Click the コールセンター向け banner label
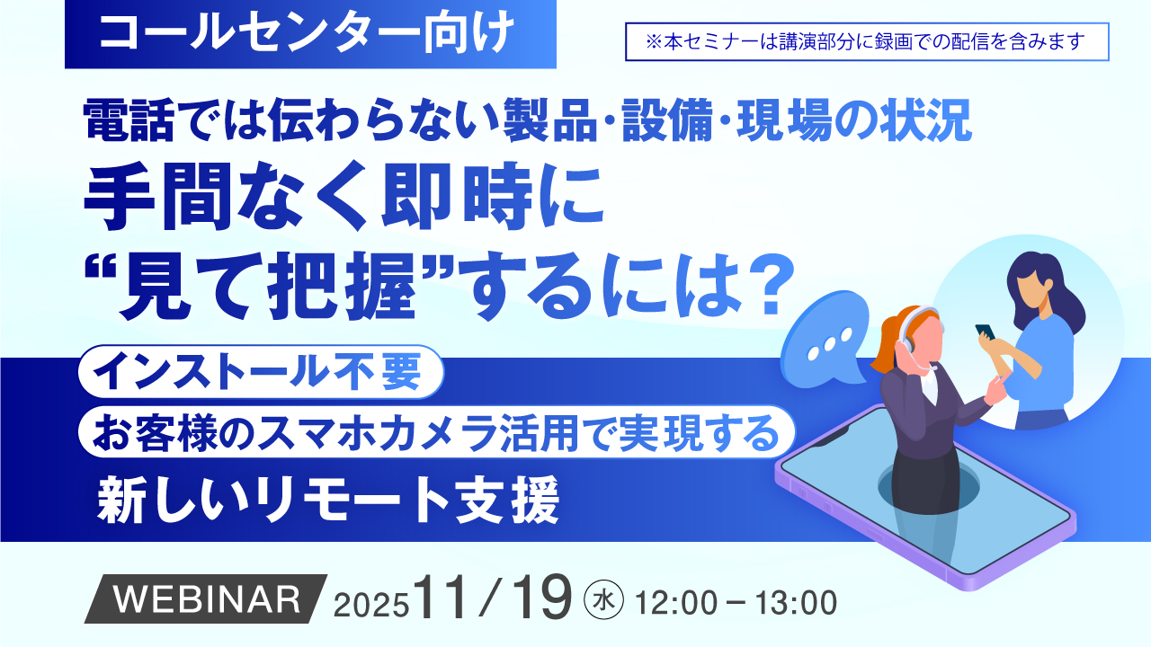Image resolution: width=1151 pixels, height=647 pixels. point(309,33)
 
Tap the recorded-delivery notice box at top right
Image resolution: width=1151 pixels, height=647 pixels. point(867,41)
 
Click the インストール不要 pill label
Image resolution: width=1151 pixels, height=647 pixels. point(262,370)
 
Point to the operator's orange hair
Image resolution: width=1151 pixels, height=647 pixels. point(887,337)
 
